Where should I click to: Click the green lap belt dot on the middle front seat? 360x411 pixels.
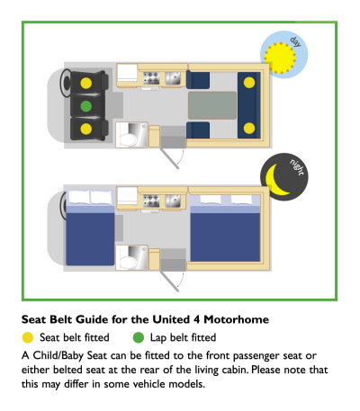(86, 106)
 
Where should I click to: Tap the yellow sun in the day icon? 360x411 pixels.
(280, 58)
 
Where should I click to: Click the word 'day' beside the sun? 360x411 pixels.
(295, 42)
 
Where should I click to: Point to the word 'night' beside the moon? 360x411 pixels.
(297, 167)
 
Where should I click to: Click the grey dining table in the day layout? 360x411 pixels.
(212, 105)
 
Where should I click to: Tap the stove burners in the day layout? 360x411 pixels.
(151, 78)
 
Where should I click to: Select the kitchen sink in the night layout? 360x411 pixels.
(173, 201)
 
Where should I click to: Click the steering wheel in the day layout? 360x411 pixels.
(66, 83)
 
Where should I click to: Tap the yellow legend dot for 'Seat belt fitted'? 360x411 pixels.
(28, 338)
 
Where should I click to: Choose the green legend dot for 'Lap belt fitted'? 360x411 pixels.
(139, 338)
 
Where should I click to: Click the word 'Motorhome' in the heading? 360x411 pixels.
(236, 319)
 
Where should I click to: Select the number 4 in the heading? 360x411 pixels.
(196, 319)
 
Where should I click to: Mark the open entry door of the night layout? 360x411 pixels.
(169, 281)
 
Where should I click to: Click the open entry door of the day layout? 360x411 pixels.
(169, 158)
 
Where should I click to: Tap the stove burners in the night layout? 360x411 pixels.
(151, 201)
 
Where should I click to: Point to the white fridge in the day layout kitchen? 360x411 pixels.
(127, 73)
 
